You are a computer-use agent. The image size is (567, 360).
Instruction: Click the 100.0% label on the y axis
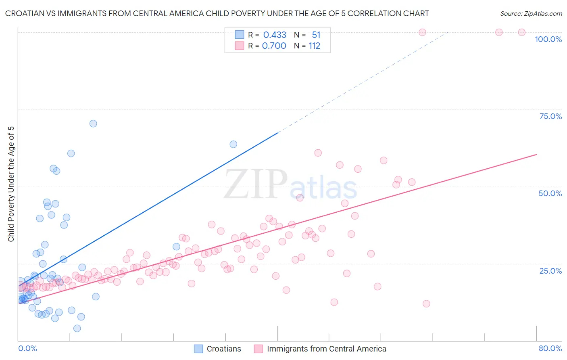[x=548, y=39]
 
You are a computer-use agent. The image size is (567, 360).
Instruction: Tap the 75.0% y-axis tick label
[x=550, y=116]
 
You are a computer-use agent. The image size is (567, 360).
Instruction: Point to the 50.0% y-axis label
[x=550, y=193]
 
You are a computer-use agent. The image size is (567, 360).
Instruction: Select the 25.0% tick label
[x=550, y=271]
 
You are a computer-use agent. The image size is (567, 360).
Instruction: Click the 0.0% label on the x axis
[x=27, y=348]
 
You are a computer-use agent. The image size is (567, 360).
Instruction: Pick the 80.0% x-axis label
[x=550, y=348]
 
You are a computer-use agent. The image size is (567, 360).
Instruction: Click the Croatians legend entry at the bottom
[x=224, y=349]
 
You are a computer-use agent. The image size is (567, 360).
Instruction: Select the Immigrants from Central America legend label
[x=326, y=349]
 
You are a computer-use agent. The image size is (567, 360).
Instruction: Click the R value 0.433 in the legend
[x=275, y=35]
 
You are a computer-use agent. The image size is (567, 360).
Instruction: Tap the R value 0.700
[x=274, y=46]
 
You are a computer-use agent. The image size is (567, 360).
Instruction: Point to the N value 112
[x=315, y=46]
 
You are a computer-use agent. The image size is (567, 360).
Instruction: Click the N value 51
[x=316, y=35]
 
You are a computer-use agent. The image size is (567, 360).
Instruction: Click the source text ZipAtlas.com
[x=531, y=14]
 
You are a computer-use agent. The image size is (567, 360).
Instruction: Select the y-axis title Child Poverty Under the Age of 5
[x=11, y=184]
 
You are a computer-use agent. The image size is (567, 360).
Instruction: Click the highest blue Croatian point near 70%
[x=93, y=123]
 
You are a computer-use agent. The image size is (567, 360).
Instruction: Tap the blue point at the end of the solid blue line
[x=233, y=144]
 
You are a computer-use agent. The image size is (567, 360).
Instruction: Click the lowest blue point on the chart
[x=77, y=329]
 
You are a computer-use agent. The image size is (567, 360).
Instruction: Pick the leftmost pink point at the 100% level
[x=422, y=32]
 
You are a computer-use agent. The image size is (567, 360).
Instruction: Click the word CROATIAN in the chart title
[x=27, y=14]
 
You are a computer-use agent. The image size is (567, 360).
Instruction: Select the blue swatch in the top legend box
[x=240, y=35]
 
